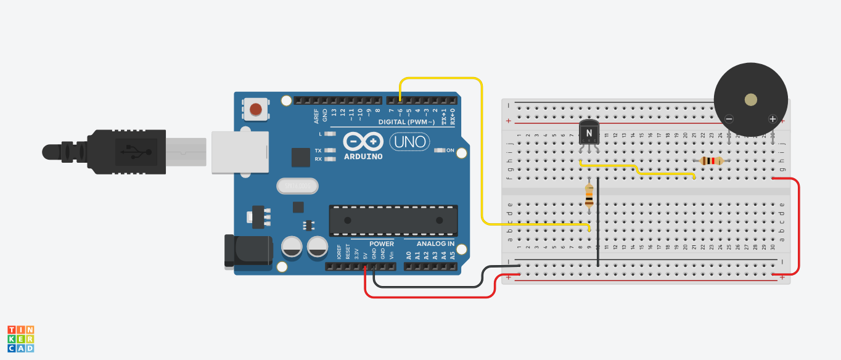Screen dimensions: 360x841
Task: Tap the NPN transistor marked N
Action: tap(589, 133)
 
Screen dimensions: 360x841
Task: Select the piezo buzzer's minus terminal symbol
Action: tap(729, 119)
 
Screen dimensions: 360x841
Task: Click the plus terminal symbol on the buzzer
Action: tap(772, 119)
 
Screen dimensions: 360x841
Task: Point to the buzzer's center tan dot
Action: tap(750, 100)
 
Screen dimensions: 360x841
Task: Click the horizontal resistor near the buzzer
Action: tap(712, 161)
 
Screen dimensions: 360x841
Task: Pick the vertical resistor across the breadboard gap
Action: tap(589, 196)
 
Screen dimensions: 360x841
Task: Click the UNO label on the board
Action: tap(408, 142)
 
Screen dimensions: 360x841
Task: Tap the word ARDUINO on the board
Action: tap(364, 157)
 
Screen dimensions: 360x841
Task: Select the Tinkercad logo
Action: tap(21, 339)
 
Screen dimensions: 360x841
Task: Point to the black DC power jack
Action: tap(248, 251)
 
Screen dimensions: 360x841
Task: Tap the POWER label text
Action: tap(382, 244)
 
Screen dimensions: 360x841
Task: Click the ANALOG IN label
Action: tap(435, 244)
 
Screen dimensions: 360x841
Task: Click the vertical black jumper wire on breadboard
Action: tap(598, 222)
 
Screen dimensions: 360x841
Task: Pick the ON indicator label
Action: tap(450, 150)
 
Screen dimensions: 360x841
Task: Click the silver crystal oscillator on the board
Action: tap(297, 185)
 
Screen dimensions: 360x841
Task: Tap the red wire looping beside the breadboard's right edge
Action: tap(799, 225)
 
